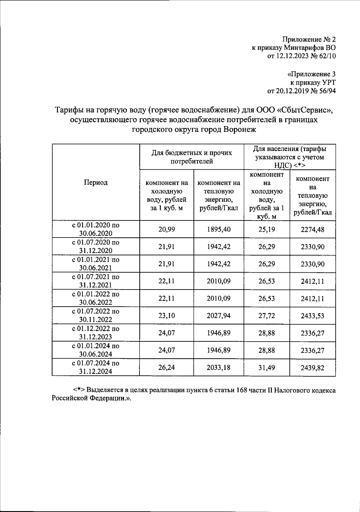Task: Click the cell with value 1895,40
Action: tap(219, 229)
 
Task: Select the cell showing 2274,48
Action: tap(312, 230)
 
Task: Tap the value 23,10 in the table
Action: tap(166, 316)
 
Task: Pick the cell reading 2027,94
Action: tap(219, 316)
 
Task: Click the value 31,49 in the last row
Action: tap(266, 368)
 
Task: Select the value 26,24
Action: tap(166, 368)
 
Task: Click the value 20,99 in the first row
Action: tap(166, 229)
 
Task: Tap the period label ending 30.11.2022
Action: tap(96, 316)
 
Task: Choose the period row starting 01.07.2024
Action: tap(96, 367)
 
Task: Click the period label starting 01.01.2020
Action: tap(96, 229)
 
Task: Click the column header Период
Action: tap(96, 183)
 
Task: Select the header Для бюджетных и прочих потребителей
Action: tap(191, 157)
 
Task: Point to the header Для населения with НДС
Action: tap(289, 157)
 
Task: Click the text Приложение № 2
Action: tap(309, 39)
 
